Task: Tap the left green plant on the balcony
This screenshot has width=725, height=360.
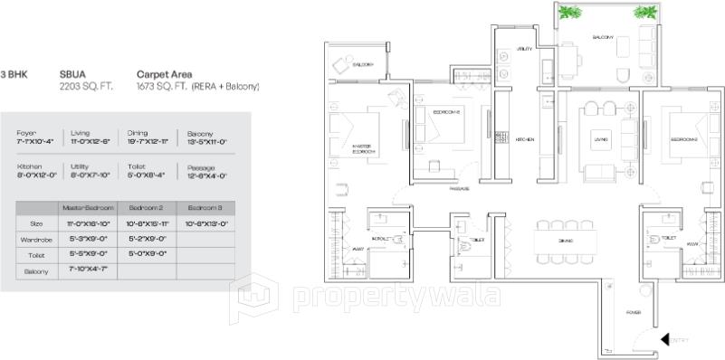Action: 570,12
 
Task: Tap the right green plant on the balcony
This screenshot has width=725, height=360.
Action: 644,12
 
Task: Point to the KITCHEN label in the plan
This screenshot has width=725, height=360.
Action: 525,140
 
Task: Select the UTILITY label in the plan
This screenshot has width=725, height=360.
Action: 525,49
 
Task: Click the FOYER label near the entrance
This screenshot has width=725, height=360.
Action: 634,312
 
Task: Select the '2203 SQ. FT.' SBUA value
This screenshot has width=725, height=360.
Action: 84,87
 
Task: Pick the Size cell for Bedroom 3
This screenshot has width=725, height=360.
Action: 205,223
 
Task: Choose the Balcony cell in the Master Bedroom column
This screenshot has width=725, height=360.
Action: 89,270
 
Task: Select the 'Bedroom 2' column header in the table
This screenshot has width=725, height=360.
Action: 146,208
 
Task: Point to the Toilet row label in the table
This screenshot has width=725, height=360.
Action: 37,255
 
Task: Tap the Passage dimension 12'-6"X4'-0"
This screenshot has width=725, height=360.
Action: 206,175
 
